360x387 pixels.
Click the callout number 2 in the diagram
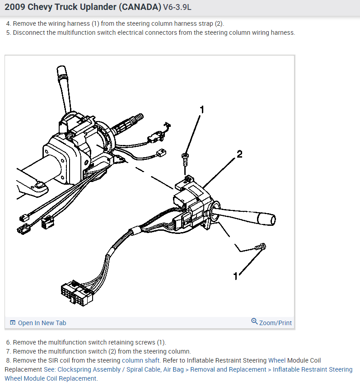[239, 154]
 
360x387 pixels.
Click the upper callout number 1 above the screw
[202, 109]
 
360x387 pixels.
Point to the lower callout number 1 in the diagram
[235, 276]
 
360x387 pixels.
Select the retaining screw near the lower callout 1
[261, 247]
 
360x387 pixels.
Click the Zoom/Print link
[275, 323]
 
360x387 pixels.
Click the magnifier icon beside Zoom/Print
[254, 322]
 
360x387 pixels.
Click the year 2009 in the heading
[15, 8]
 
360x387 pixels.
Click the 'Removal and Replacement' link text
[229, 369]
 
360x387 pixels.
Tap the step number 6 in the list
[8, 342]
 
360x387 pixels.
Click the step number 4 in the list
[8, 23]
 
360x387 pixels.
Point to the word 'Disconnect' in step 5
[29, 33]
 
